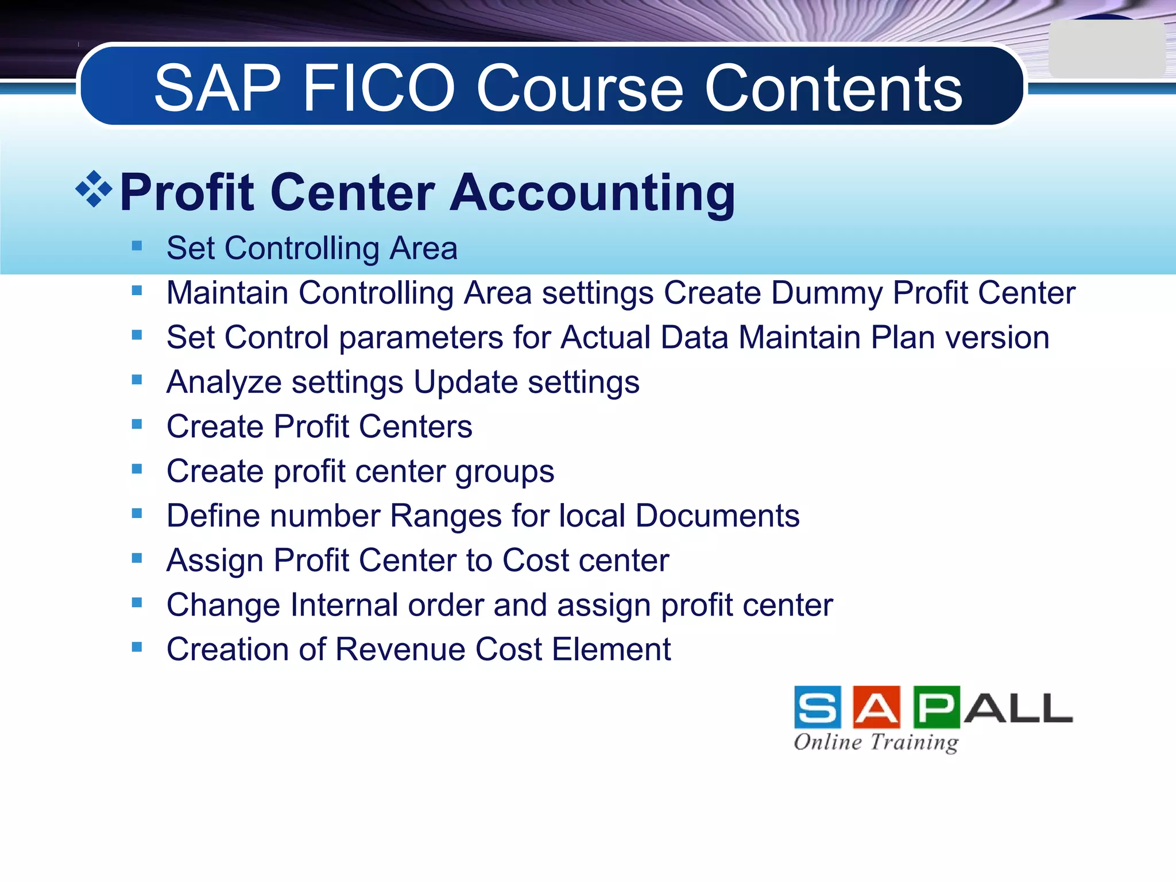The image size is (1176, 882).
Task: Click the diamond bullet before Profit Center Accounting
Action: [94, 189]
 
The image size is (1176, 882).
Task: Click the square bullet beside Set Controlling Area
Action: [137, 246]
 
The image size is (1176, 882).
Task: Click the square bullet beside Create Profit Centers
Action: [137, 424]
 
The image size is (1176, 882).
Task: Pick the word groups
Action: [505, 473]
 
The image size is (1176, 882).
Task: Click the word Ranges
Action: [446, 516]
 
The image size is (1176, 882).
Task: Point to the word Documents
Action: [717, 516]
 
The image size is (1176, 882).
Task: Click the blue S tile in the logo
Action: [818, 707]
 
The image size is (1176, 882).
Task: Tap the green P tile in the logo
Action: [936, 707]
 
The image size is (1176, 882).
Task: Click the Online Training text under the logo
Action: [876, 742]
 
